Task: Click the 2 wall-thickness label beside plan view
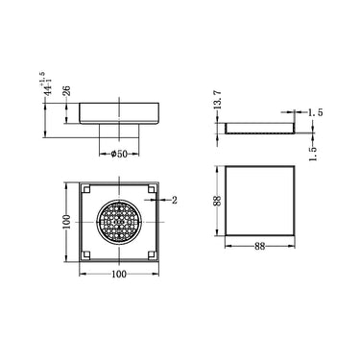175,201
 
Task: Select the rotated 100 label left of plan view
67,222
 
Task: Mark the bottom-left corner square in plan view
86,254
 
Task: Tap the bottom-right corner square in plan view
152,254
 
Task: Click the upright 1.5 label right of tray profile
313,112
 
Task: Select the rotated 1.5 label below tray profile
315,152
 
